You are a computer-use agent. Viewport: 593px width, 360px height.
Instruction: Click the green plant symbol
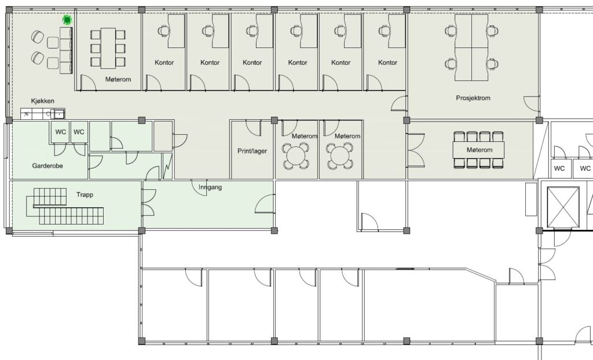pos(67,20)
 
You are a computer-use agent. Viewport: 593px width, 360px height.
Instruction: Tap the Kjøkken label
pos(42,101)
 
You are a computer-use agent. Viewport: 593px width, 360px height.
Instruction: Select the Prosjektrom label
pos(473,98)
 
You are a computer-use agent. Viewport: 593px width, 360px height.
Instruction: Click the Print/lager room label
pos(252,151)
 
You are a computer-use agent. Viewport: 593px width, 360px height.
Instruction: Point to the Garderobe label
pos(47,166)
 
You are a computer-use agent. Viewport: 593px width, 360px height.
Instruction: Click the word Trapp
pos(85,194)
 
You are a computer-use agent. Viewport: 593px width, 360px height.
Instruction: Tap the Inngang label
pos(210,187)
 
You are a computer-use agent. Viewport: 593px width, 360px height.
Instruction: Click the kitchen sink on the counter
pos(60,114)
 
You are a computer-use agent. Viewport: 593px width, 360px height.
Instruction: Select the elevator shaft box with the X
pos(563,207)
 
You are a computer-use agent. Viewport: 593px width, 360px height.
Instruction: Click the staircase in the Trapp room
pos(65,207)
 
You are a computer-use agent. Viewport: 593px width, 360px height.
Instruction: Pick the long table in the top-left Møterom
pos(108,48)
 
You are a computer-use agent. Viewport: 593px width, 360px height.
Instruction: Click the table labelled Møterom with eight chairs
pos(479,150)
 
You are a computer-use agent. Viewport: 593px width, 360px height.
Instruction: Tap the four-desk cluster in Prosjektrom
pos(471,47)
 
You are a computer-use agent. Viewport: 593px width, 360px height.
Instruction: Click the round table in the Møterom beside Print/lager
pos(296,156)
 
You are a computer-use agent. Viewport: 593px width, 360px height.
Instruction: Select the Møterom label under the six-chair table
pos(118,79)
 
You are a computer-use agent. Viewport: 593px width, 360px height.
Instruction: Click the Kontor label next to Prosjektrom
pos(387,63)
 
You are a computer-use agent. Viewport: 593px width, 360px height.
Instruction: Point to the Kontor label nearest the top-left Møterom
pos(164,63)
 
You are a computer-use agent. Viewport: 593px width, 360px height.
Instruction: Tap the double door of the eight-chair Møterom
pos(416,150)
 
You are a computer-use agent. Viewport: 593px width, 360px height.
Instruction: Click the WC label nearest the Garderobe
pos(60,132)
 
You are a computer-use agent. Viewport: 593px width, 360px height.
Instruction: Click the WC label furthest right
pos(585,168)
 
